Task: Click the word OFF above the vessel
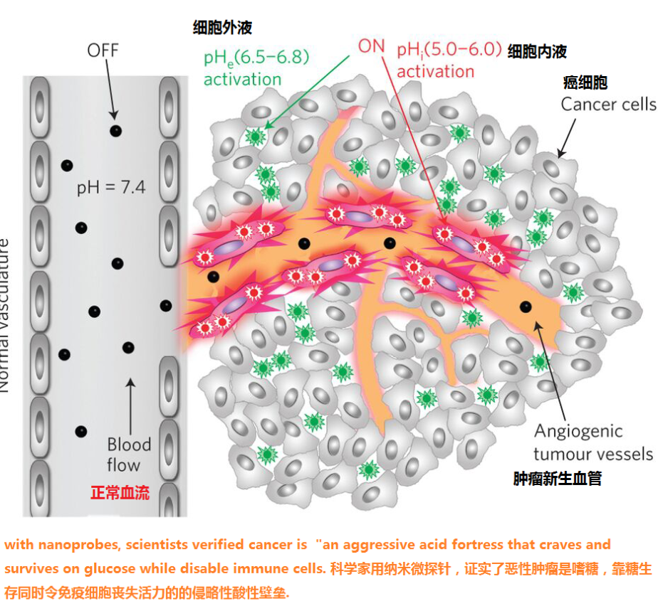103,50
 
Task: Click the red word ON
371,46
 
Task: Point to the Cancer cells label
608,105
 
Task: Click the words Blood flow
129,455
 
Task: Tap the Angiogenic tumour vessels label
592,442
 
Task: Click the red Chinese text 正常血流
120,493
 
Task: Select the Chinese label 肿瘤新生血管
558,479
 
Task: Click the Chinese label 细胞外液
222,28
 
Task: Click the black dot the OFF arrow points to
115,131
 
